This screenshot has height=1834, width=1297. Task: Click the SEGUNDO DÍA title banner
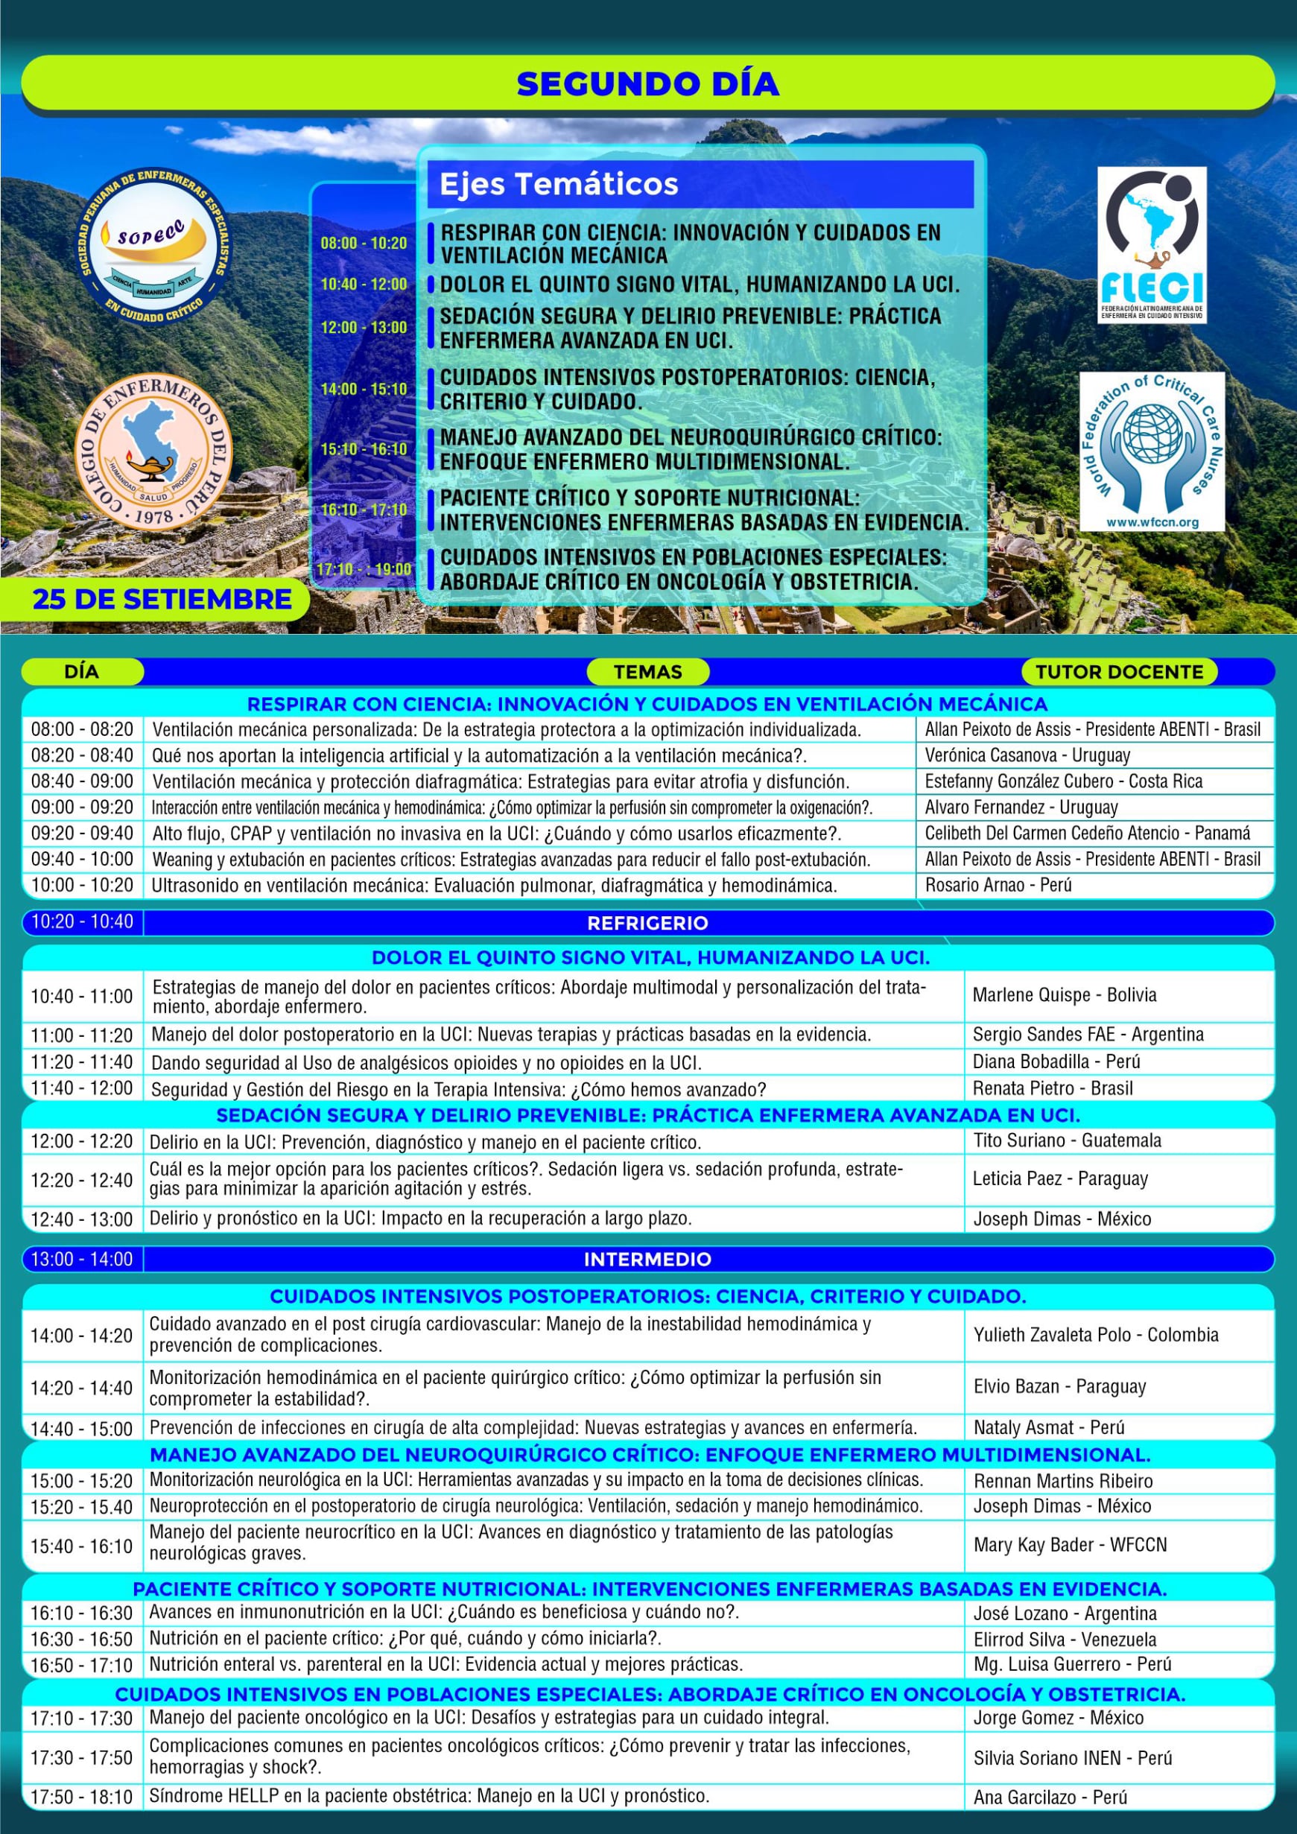[647, 84]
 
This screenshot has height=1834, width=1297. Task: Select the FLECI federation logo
[1151, 244]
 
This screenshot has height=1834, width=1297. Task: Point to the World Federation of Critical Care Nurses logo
[1152, 451]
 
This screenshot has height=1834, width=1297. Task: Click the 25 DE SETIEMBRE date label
[162, 599]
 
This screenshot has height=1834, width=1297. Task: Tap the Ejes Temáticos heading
[559, 185]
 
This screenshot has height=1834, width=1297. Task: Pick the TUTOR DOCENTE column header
[1119, 672]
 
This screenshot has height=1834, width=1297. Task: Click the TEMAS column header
[647, 672]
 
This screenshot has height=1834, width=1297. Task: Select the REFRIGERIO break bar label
[647, 923]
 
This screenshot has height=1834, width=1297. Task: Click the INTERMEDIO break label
[647, 1260]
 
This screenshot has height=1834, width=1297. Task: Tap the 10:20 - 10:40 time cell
[82, 921]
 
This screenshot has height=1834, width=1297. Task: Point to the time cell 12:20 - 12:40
[81, 1180]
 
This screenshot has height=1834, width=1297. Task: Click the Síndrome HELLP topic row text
[430, 1797]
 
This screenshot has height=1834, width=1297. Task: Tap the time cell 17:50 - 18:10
[81, 1797]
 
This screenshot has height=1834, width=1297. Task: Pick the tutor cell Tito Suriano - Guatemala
[1067, 1140]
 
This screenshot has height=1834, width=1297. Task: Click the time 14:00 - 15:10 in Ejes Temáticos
[364, 390]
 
